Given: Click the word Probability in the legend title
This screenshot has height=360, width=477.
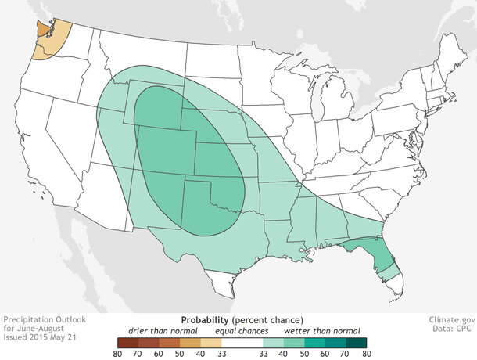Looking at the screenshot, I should (x=205, y=320).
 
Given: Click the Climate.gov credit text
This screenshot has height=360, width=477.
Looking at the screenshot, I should (x=452, y=320).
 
